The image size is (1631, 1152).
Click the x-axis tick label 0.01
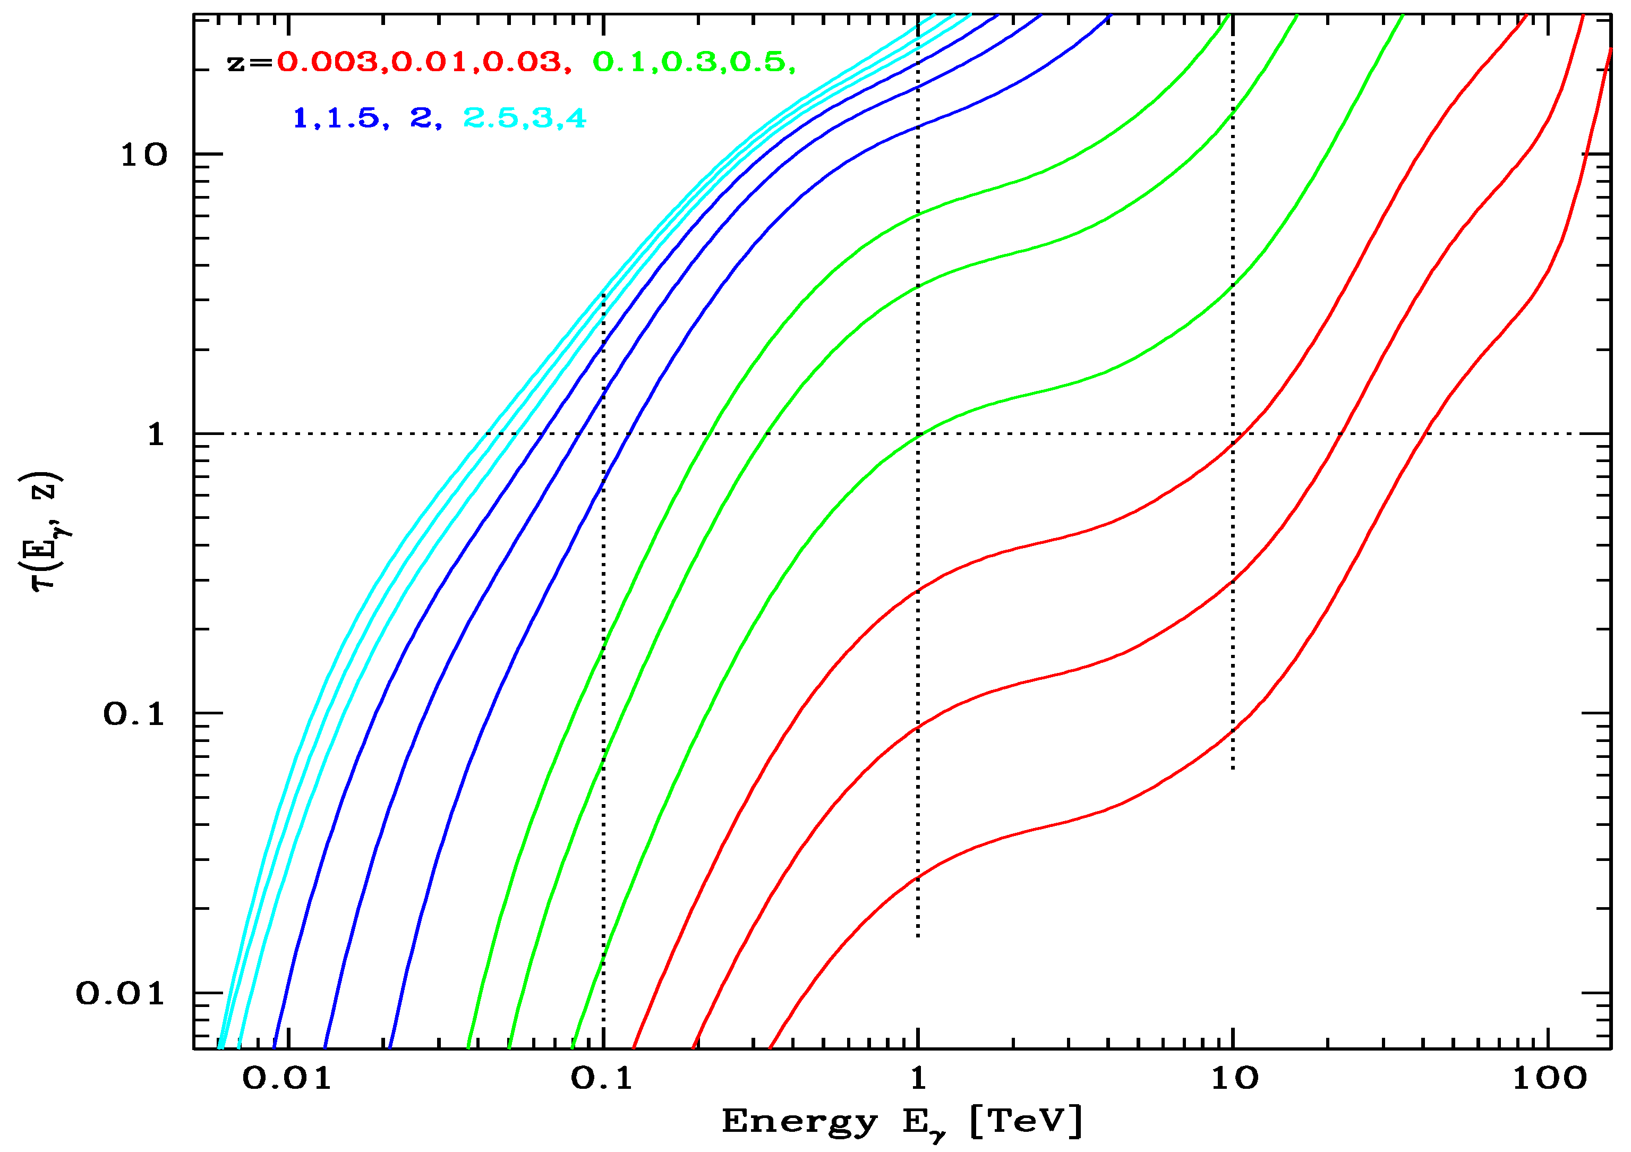point(287,1078)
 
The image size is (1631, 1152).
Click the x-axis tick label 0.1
point(602,1078)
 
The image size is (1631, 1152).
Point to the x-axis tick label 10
point(1234,1078)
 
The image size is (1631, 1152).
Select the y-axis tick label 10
point(143,154)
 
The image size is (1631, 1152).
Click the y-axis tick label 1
point(156,434)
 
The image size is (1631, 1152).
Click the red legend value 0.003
point(328,63)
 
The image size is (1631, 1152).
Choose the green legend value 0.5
point(758,63)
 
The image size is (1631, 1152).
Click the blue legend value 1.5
point(353,118)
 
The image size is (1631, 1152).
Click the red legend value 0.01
point(430,63)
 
